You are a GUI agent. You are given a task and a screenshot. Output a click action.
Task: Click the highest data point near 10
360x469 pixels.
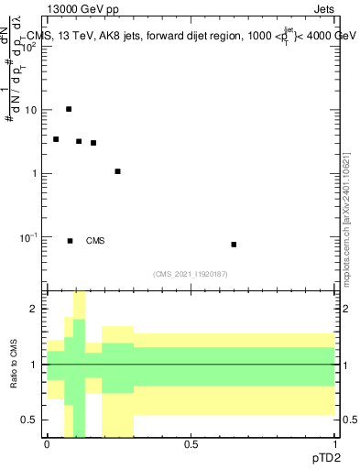pyautogui.click(x=69, y=109)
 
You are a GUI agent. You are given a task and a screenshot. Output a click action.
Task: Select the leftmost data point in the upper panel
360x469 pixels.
pyautogui.click(x=56, y=139)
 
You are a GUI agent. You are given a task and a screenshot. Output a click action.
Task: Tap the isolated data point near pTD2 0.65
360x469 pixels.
pyautogui.click(x=234, y=245)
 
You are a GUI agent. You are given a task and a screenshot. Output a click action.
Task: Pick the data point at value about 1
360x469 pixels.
pyautogui.click(x=117, y=171)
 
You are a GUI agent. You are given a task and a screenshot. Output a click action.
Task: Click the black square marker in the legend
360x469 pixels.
pyautogui.click(x=70, y=241)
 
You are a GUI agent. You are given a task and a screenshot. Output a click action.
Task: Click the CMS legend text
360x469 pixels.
pyautogui.click(x=95, y=241)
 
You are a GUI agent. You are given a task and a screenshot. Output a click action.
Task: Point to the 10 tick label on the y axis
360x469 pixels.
pyautogui.click(x=30, y=110)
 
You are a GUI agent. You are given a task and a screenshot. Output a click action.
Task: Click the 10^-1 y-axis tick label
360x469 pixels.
pyautogui.click(x=27, y=236)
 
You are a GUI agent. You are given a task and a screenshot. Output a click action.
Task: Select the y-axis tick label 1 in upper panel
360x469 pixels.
pyautogui.click(x=35, y=173)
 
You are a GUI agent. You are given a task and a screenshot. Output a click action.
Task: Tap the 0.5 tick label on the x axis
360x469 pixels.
pyautogui.click(x=191, y=443)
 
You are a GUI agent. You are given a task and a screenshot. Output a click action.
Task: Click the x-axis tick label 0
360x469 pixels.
pyautogui.click(x=47, y=443)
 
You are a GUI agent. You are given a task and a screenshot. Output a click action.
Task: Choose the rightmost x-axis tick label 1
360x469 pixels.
pyautogui.click(x=334, y=443)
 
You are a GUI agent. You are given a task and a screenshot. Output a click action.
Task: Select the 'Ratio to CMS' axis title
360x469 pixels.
pyautogui.click(x=14, y=364)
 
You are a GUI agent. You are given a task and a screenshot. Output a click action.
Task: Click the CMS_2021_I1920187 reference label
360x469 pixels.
pyautogui.click(x=191, y=274)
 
